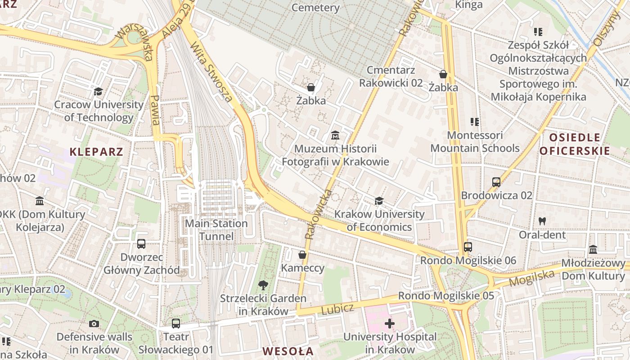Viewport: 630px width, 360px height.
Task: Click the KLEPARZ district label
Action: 96,152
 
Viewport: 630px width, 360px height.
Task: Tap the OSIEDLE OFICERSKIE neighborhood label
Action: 574,144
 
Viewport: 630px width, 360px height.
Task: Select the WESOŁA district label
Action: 288,351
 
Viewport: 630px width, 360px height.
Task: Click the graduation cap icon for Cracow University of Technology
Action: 98,92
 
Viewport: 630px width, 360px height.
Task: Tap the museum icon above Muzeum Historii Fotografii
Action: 335,135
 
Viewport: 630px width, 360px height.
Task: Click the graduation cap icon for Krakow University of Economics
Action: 379,201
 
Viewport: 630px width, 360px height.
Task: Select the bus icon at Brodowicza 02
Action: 496,182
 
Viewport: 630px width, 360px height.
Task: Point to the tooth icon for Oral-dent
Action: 542,221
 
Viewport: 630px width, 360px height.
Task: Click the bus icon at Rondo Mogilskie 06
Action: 468,247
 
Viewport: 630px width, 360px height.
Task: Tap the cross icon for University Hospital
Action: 390,323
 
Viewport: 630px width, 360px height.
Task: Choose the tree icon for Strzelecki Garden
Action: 263,285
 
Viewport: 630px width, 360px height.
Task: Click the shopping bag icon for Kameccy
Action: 302,255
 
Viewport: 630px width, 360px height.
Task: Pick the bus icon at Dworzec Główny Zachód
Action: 141,244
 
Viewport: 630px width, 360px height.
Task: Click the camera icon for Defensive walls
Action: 94,324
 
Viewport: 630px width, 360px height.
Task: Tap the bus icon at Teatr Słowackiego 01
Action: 176,323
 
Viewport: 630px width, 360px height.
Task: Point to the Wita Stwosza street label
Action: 211,72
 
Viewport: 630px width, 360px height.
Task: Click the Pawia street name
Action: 155,110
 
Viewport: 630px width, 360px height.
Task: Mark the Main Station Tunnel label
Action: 216,230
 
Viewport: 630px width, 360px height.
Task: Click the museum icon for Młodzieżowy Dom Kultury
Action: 593,250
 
